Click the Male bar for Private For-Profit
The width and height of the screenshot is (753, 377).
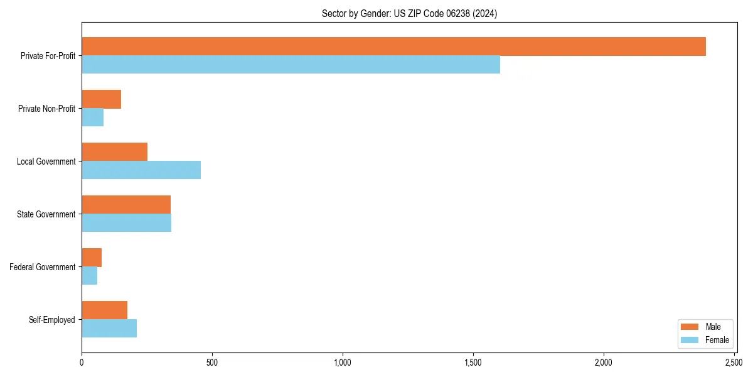point(393,46)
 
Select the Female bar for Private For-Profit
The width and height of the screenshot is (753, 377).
point(291,65)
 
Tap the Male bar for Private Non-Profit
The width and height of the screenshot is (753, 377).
point(101,99)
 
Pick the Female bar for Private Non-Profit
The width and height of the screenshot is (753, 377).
point(92,117)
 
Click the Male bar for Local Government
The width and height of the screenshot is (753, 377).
point(114,152)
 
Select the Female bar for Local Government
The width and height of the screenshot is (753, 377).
point(141,170)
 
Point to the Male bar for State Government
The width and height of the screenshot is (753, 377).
point(126,205)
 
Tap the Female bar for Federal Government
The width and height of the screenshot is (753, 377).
point(89,276)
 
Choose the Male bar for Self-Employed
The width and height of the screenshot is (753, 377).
point(104,310)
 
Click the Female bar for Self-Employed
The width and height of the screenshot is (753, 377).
point(109,329)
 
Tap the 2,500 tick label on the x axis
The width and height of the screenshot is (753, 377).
point(734,363)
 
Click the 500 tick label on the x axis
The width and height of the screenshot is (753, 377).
point(212,363)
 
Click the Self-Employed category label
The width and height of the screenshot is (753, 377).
point(52,320)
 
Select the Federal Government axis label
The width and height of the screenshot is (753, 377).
point(43,267)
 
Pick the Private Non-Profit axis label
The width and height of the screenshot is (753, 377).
point(46,109)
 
